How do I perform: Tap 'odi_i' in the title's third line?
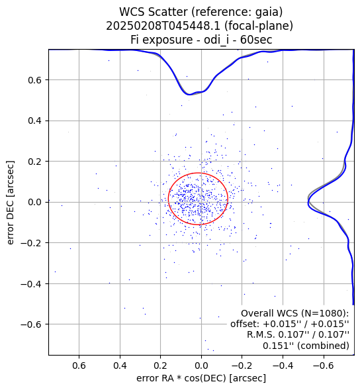coord(216,40)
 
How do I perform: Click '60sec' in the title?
coord(256,40)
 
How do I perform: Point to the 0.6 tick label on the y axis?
coord(34,80)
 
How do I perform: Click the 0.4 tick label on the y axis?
coord(34,121)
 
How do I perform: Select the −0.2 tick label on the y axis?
coord(31,243)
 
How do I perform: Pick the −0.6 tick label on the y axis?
coord(31,324)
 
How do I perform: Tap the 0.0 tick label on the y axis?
coord(34,202)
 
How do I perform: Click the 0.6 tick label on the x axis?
coord(79,366)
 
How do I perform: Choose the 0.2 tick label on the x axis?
coord(161,366)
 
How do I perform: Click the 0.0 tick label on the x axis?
coord(201,366)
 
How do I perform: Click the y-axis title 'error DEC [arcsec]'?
coord(10,203)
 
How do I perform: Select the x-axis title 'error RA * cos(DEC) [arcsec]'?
coord(201,378)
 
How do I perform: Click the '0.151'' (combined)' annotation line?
coord(306,346)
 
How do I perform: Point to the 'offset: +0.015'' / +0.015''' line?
coord(290,324)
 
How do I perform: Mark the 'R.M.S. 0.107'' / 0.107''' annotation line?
coord(298,335)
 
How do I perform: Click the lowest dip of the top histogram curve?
coord(189,95)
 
